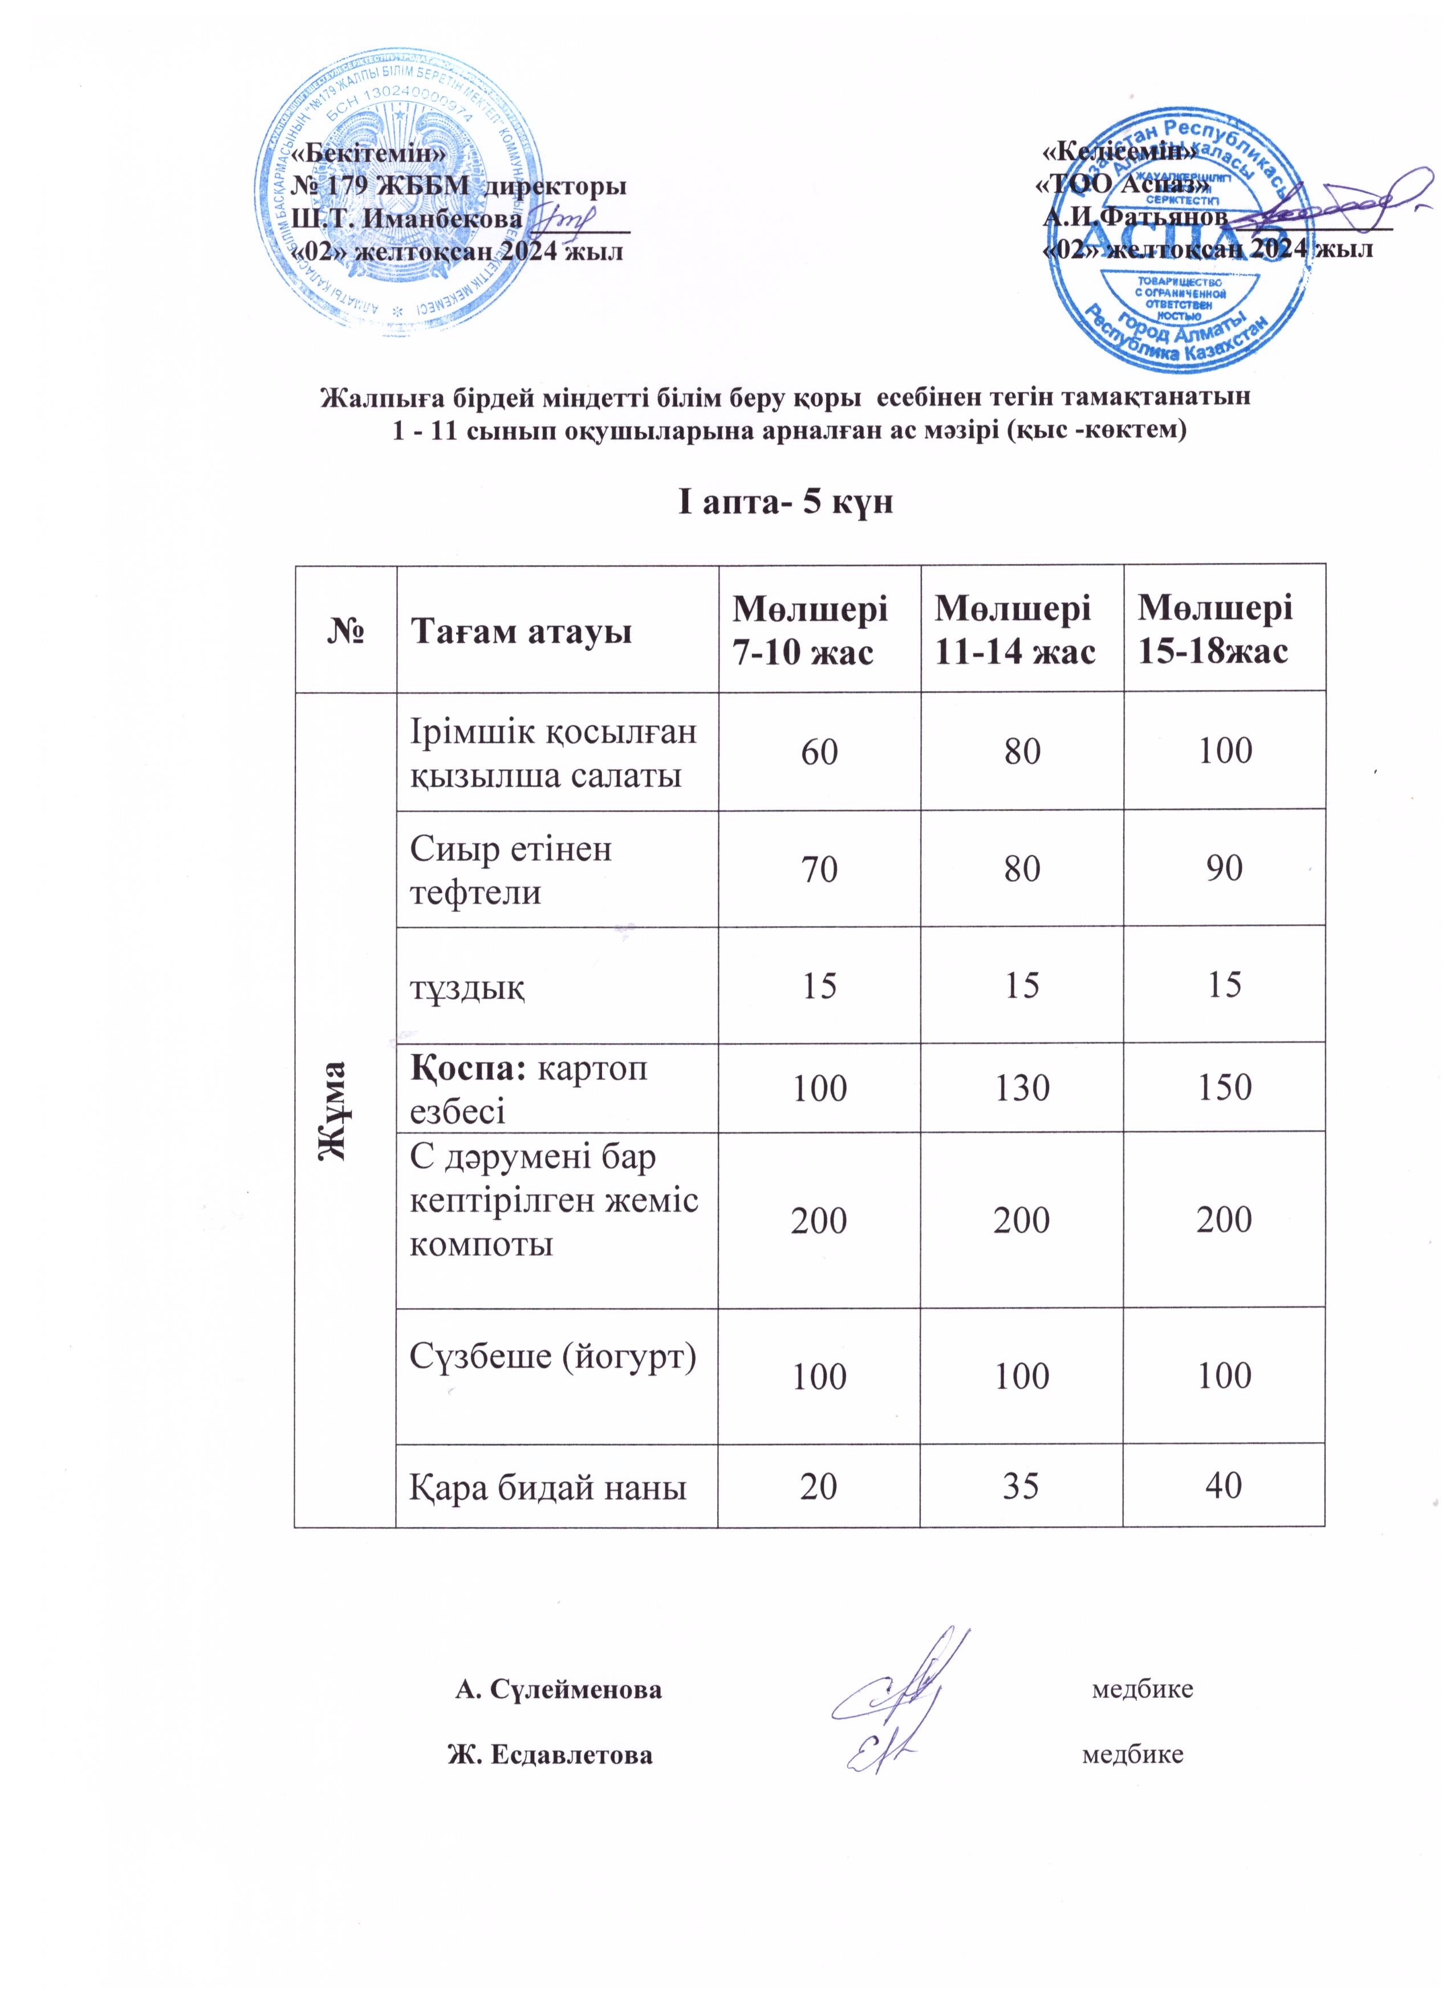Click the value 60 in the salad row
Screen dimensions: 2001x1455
(x=820, y=752)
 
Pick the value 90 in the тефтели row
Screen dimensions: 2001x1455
(x=1225, y=869)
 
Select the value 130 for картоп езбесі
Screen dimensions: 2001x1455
(x=1022, y=1088)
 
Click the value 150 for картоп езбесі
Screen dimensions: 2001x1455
(x=1225, y=1087)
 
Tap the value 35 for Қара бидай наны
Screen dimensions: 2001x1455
(x=1022, y=1487)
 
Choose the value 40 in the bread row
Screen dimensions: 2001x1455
(x=1225, y=1487)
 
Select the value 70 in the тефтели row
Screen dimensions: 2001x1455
(x=820, y=869)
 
